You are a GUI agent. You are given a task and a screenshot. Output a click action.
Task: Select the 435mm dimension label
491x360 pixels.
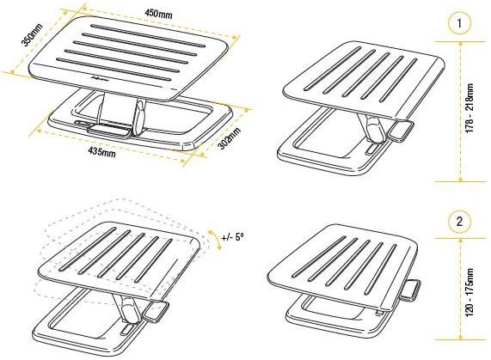(x=100, y=153)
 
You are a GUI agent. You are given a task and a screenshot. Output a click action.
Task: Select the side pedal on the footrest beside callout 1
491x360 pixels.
(x=399, y=131)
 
